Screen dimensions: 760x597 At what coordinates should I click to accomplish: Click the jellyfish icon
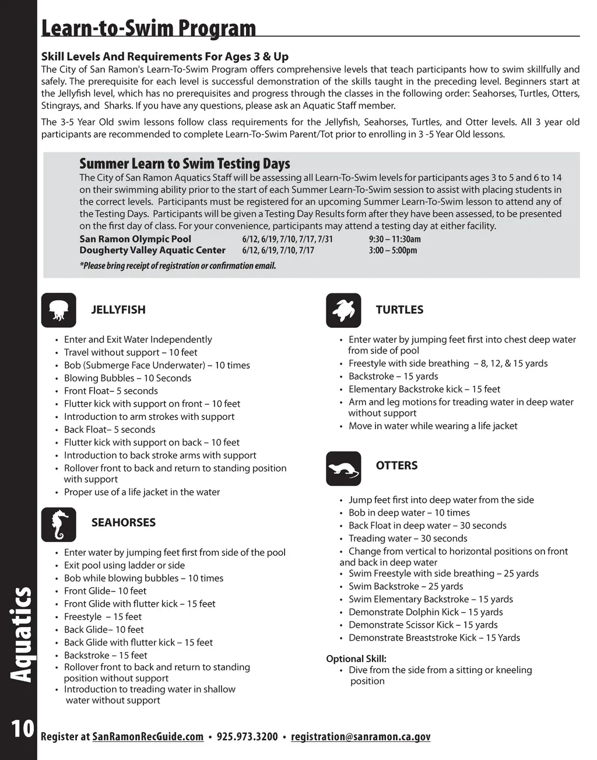tap(59, 310)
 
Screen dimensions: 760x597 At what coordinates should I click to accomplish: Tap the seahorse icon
tap(59, 524)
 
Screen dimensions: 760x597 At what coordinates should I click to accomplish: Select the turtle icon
tap(343, 310)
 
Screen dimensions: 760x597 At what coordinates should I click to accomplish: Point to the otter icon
tap(343, 468)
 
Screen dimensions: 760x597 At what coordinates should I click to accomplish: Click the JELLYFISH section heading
tap(118, 310)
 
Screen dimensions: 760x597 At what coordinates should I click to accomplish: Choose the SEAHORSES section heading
tap(124, 523)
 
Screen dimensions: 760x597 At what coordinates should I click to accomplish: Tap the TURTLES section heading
tap(399, 310)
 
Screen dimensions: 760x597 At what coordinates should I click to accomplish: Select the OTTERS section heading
tap(396, 465)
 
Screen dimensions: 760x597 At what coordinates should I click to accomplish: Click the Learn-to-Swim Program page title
tap(149, 27)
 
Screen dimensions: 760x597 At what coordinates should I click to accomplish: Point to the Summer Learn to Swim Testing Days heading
tap(185, 163)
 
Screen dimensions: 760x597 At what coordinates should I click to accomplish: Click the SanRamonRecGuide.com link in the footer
tap(148, 737)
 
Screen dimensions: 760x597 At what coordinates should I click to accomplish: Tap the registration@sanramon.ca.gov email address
tap(360, 737)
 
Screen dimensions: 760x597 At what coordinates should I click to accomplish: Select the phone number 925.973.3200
tap(247, 737)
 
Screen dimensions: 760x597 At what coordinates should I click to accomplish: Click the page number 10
tap(22, 729)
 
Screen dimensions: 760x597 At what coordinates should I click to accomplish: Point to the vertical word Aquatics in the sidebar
tap(22, 635)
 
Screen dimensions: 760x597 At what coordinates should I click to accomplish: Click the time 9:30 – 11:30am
tap(395, 239)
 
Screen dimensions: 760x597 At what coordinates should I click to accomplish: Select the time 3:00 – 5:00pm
tap(393, 251)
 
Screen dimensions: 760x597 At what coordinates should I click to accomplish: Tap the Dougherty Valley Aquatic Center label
tap(152, 250)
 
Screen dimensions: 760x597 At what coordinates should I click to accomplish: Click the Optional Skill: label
tap(356, 659)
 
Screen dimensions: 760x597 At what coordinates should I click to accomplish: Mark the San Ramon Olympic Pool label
tap(135, 239)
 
